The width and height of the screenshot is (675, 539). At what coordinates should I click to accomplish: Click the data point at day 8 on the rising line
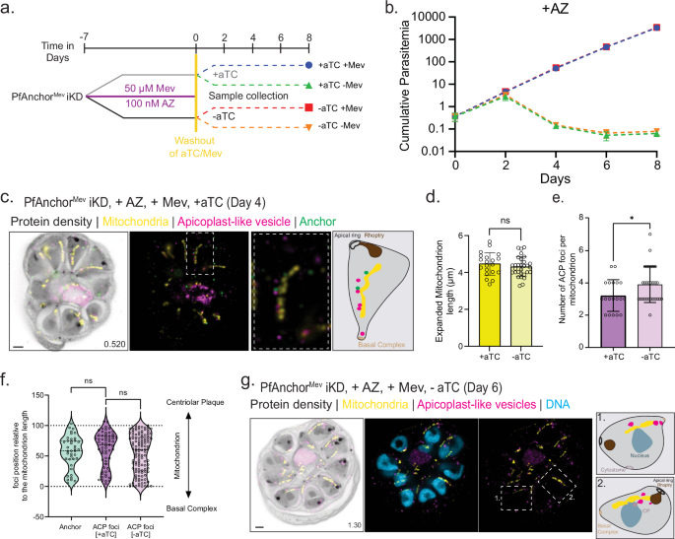[x=656, y=28]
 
